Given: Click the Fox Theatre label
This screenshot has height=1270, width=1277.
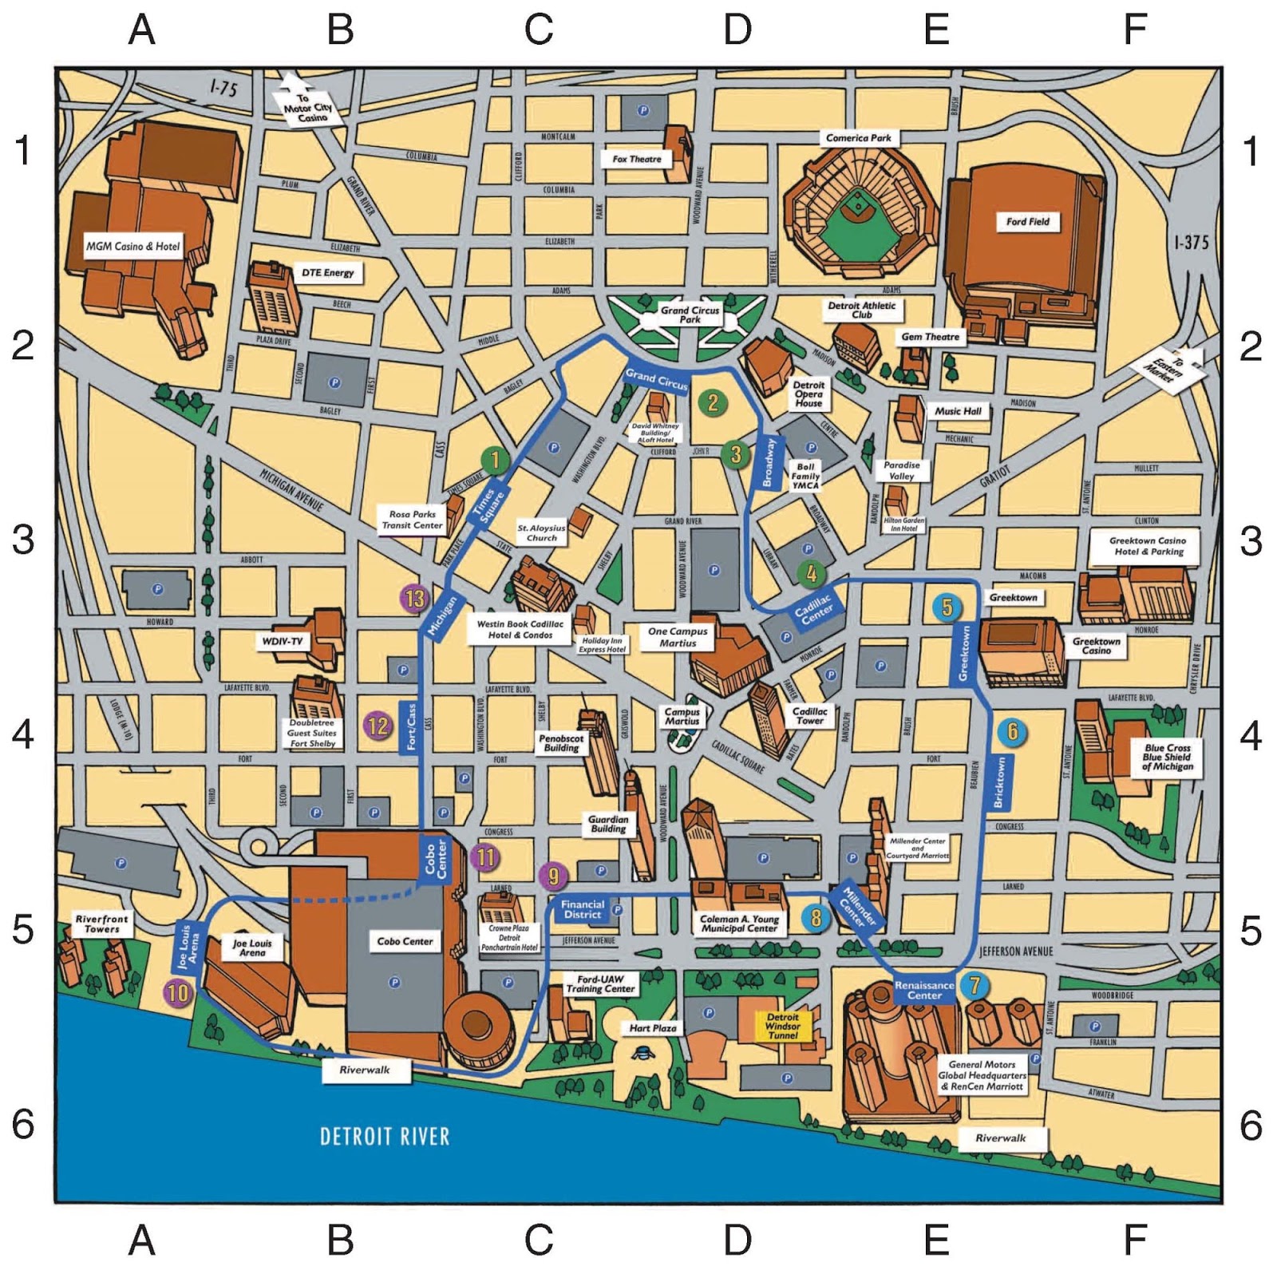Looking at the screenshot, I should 636,159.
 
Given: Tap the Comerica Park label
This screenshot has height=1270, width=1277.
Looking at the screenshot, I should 858,137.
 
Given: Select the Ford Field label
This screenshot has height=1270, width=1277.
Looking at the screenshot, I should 1027,221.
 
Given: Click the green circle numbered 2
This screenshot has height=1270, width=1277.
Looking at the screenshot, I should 713,403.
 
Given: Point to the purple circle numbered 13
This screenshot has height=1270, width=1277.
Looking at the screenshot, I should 415,599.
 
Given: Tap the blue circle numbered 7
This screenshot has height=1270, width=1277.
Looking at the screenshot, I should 974,985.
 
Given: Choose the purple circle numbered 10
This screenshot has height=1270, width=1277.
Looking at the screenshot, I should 178,993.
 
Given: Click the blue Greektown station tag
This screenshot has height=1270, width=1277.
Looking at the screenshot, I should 964,653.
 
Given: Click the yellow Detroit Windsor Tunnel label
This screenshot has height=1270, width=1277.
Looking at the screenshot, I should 782,1026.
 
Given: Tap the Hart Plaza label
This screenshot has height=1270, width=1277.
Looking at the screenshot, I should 652,1028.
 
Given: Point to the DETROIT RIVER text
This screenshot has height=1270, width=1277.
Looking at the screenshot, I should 385,1136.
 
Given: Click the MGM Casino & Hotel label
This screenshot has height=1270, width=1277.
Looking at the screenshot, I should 132,246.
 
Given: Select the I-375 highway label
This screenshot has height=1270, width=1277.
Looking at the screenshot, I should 1192,242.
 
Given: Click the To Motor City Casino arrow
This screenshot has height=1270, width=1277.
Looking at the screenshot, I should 307,105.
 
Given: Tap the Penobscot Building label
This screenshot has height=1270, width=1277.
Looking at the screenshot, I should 561,743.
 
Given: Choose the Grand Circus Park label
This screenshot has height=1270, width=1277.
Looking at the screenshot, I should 690,315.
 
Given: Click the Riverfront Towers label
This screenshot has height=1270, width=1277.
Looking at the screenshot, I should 101,924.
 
